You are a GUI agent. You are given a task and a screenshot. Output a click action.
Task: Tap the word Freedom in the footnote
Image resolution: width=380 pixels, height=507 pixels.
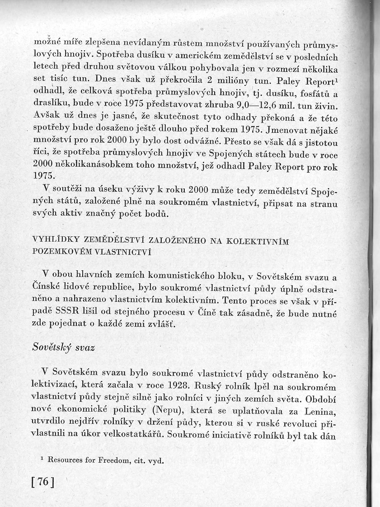(113, 461)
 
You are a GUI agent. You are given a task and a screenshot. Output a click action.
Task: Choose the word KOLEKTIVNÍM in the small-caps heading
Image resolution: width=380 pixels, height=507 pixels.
(263, 241)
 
